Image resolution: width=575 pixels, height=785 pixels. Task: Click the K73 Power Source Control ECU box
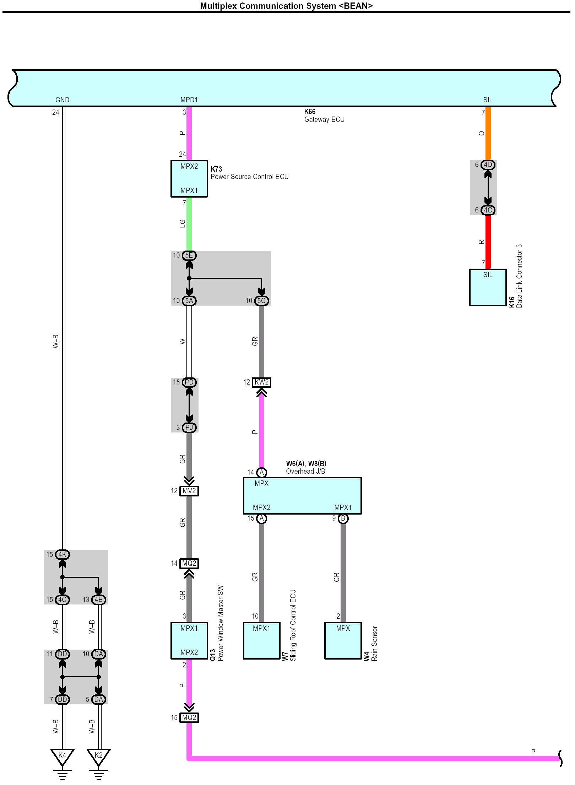(189, 179)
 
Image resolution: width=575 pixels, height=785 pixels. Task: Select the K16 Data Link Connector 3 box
(488, 287)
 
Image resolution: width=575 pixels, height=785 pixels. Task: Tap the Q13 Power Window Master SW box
(189, 641)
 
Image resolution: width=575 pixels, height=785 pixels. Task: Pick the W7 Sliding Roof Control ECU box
(261, 641)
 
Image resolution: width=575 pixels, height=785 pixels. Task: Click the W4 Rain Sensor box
(343, 641)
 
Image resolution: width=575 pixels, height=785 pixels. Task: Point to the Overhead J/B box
(302, 496)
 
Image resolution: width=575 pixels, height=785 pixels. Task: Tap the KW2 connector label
(261, 382)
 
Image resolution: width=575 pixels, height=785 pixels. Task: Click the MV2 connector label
(189, 491)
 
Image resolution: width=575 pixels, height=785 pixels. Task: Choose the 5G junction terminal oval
(261, 301)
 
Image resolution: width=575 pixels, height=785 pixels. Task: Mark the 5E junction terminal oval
(189, 256)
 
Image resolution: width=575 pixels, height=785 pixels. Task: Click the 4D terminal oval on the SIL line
(488, 165)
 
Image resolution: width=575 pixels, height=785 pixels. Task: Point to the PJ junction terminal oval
(189, 428)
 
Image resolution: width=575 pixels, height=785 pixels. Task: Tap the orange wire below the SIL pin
(488, 133)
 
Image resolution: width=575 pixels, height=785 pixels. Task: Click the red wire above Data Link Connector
(488, 242)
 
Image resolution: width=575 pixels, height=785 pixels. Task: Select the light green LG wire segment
(189, 224)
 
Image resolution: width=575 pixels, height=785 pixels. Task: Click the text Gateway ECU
(324, 120)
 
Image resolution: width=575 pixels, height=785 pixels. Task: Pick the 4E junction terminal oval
(98, 600)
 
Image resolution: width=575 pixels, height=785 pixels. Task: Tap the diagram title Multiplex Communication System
(286, 6)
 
